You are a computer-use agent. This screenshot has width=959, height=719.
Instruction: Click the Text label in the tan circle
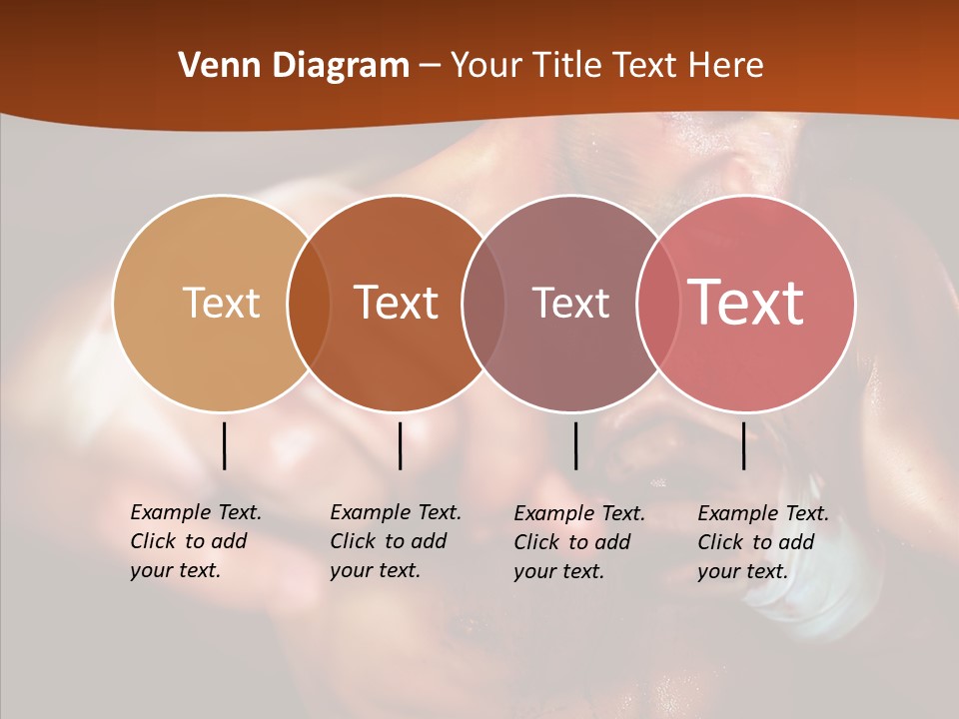pyautogui.click(x=221, y=303)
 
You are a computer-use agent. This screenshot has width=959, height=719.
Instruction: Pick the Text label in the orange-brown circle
pyautogui.click(x=397, y=303)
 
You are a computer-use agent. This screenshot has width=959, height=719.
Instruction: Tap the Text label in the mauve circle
pyautogui.click(x=570, y=303)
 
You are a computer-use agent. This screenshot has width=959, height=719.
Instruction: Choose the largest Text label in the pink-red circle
pyautogui.click(x=745, y=303)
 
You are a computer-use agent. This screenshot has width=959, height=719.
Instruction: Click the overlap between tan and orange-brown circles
pyautogui.click(x=309, y=304)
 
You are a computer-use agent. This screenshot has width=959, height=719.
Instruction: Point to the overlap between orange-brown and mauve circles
pyautogui.click(x=483, y=304)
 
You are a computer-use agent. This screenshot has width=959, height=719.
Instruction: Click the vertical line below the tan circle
pyautogui.click(x=224, y=445)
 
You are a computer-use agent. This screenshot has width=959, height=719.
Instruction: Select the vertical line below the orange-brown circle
pyautogui.click(x=400, y=445)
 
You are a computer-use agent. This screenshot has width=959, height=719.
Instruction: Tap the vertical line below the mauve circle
pyautogui.click(x=575, y=445)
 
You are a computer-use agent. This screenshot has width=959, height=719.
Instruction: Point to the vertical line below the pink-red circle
pyautogui.click(x=743, y=445)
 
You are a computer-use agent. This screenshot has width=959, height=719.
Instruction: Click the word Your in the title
pyautogui.click(x=484, y=66)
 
